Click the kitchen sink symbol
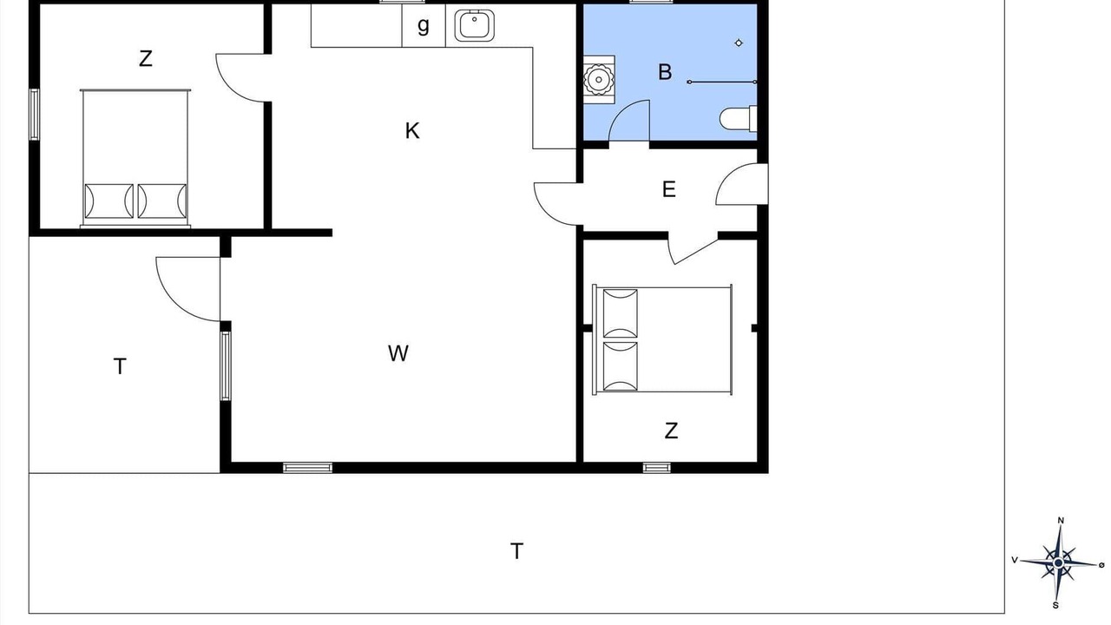click(474, 25)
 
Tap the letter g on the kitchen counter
click(423, 25)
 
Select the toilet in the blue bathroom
click(739, 119)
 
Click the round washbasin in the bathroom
click(599, 79)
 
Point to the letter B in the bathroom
click(665, 72)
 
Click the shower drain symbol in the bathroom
click(739, 43)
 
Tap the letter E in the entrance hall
click(668, 189)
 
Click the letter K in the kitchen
click(412, 131)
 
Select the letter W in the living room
click(398, 353)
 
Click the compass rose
click(1058, 562)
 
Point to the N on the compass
click(1061, 520)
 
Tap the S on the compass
click(1055, 605)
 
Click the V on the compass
click(1015, 560)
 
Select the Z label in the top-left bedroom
click(145, 58)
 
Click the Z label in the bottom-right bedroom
click(671, 431)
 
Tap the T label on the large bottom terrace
click(516, 551)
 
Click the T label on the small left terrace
click(120, 366)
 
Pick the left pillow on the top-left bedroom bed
click(109, 201)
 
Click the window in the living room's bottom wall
click(307, 467)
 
